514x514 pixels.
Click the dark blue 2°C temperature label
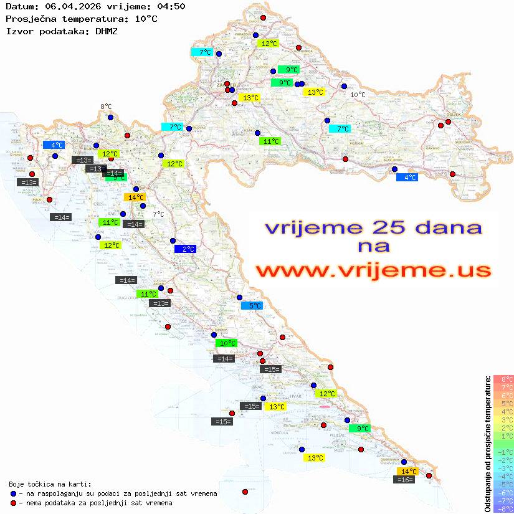click(186, 249)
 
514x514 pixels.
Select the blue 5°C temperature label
click(252, 305)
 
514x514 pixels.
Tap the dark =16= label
click(405, 480)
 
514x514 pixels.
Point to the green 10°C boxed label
click(226, 343)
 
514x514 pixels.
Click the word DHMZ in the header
click(105, 31)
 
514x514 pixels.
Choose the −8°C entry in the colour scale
click(503, 508)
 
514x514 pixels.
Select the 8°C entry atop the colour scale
click(503, 379)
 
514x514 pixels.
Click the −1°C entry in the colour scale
click(503, 452)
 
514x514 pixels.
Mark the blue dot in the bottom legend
click(13, 493)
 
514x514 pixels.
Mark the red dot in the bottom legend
click(13, 503)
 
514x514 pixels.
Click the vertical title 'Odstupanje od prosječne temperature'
click(488, 444)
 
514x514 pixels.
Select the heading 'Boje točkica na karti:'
click(50, 483)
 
